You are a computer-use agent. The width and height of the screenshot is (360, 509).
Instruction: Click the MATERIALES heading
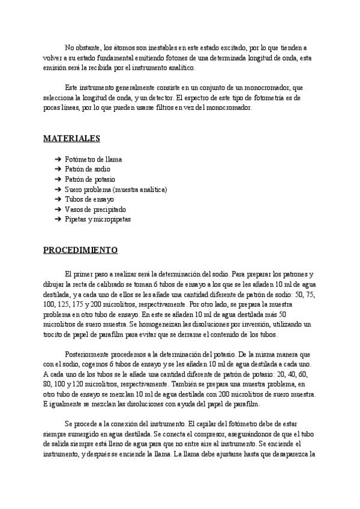pos(71,139)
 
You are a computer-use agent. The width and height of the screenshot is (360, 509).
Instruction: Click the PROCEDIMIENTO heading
pos(80,250)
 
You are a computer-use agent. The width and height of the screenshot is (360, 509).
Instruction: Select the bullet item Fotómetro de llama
pos(93,160)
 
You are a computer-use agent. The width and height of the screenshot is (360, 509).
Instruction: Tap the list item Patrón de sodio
pos(88,170)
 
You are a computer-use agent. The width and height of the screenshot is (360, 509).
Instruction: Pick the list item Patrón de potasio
pos(90,179)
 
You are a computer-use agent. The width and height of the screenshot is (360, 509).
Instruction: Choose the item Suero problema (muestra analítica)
pos(116,190)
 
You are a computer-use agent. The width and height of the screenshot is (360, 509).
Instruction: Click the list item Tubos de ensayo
pos(89,199)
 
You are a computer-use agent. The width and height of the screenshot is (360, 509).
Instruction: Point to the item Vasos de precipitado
pos(95,209)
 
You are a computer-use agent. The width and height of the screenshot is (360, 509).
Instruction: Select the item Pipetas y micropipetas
pos(98,219)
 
